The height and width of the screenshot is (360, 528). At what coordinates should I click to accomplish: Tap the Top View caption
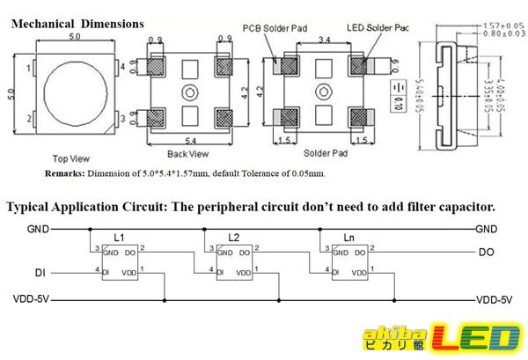pos(71,158)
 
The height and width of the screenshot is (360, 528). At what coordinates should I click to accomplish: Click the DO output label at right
pos(486,253)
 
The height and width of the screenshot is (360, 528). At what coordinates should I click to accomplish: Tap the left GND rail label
pos(37,229)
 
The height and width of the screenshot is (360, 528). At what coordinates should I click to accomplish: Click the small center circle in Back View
pos(186,92)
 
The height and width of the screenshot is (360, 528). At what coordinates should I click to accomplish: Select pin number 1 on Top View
pos(29,68)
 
